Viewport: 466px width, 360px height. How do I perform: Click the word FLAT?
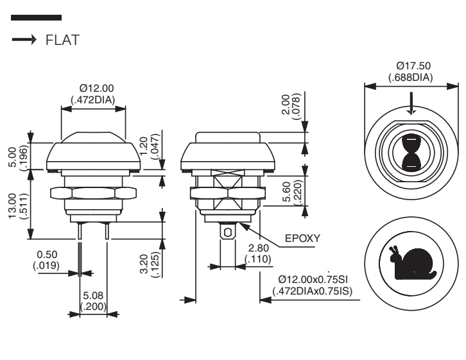[x=62, y=40]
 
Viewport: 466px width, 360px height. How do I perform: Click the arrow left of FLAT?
[x=24, y=39]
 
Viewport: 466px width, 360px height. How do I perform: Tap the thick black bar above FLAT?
[x=36, y=18]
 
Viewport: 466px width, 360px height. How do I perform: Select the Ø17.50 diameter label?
[x=411, y=71]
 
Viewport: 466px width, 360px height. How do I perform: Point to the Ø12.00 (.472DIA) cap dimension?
[x=92, y=94]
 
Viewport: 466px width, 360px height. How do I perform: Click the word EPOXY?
[x=302, y=238]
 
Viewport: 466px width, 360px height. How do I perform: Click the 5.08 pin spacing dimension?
[x=93, y=300]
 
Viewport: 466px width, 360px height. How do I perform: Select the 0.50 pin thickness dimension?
[x=46, y=260]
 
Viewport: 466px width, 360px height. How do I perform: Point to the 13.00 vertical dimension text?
[x=18, y=206]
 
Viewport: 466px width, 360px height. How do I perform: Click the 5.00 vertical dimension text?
[x=18, y=157]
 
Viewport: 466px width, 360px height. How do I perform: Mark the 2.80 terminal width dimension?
[x=258, y=253]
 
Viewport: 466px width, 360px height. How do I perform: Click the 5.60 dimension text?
[x=292, y=192]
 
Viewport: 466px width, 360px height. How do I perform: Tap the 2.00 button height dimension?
[x=291, y=107]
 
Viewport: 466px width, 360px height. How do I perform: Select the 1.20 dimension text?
[x=150, y=146]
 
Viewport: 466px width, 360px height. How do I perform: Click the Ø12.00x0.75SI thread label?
[x=313, y=285]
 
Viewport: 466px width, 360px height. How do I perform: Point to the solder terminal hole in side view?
[x=227, y=232]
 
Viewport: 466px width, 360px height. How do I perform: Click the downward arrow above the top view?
[x=411, y=103]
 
